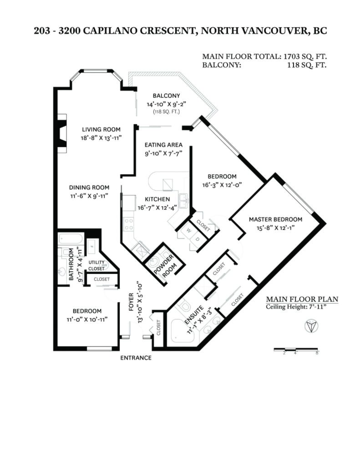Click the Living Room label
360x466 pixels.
click(x=101, y=130)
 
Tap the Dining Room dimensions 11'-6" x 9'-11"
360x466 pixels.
click(x=89, y=196)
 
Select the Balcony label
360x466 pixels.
click(x=166, y=96)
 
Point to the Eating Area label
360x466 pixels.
click(x=163, y=145)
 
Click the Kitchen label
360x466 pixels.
click(x=157, y=199)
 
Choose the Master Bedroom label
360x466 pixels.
click(x=275, y=220)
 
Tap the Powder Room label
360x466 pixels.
click(x=165, y=267)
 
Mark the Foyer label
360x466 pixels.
click(x=132, y=302)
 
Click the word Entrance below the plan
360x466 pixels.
click(x=136, y=358)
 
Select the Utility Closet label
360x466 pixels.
click(x=96, y=265)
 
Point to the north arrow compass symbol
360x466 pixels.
click(x=311, y=326)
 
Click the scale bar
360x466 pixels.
click(x=296, y=349)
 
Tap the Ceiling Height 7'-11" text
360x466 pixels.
click(x=296, y=307)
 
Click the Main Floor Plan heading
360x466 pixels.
click(x=302, y=299)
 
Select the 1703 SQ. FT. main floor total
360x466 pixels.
click(x=305, y=56)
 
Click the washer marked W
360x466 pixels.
click(x=188, y=231)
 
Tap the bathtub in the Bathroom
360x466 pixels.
click(x=71, y=238)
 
